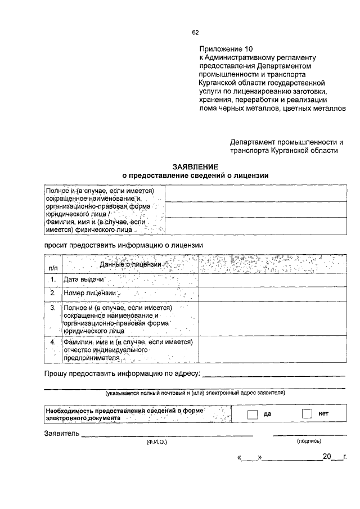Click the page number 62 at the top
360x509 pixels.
click(x=195, y=32)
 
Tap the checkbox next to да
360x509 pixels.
click(x=253, y=414)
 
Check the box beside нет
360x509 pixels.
click(x=307, y=414)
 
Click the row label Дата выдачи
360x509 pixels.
click(x=84, y=280)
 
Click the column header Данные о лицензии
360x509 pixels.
click(x=130, y=264)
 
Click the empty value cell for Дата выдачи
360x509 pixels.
click(x=272, y=280)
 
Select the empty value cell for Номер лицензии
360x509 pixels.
click(x=272, y=294)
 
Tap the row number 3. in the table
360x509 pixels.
click(x=53, y=308)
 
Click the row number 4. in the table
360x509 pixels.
click(x=53, y=342)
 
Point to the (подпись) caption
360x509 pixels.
click(x=309, y=442)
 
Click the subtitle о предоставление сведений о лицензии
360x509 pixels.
click(x=195, y=175)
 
